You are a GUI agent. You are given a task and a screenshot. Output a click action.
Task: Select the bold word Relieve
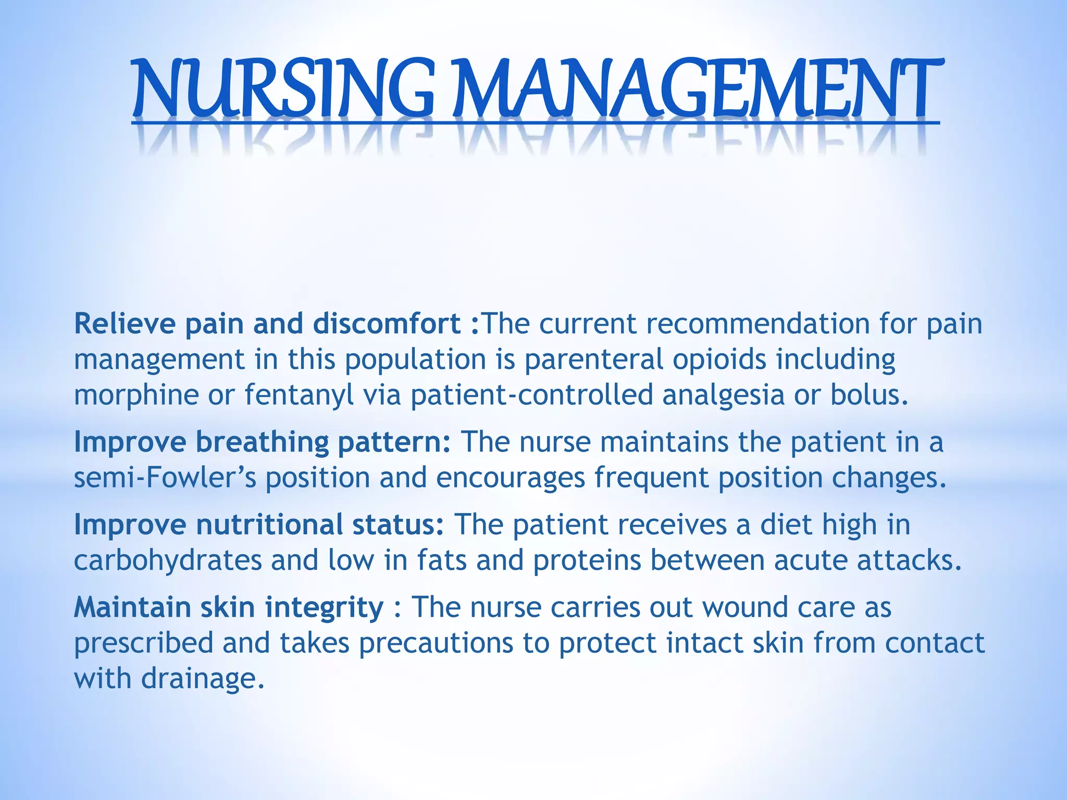point(125,324)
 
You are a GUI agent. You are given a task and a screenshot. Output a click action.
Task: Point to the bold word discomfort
point(387,324)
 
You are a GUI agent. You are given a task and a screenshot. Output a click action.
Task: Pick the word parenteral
point(593,360)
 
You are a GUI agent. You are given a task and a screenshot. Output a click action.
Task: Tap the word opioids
point(719,360)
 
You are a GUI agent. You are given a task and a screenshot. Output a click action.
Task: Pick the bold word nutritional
point(269,524)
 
